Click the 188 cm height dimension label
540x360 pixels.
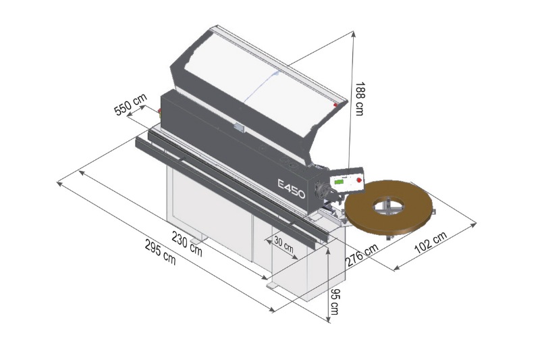[359, 99]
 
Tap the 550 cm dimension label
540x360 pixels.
[130, 105]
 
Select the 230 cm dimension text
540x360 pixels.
[187, 244]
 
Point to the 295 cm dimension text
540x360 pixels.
[160, 253]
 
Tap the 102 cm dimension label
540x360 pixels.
[431, 242]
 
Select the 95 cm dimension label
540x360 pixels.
[334, 302]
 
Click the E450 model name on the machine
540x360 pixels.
[292, 189]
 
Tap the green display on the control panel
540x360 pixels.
[340, 182]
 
